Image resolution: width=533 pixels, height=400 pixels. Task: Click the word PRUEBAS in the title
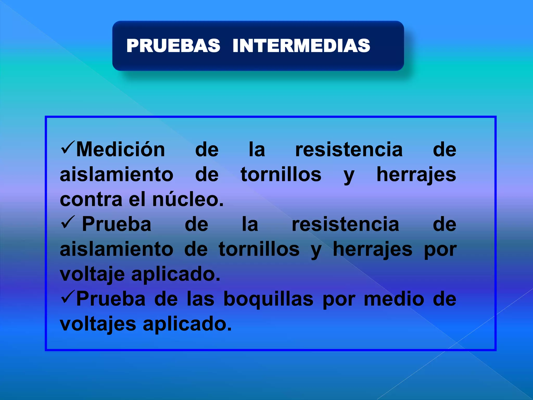click(x=173, y=46)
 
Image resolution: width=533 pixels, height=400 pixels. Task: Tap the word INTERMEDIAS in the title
click(x=301, y=46)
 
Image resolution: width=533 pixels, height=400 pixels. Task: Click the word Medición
click(x=120, y=149)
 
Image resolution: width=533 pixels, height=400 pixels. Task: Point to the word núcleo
click(x=188, y=199)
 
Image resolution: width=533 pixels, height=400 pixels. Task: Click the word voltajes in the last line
click(x=98, y=324)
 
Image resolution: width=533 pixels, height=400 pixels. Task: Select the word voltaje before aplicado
click(x=92, y=274)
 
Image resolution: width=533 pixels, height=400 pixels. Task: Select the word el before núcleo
click(x=137, y=199)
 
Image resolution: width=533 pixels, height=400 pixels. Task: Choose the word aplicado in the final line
click(x=187, y=324)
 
